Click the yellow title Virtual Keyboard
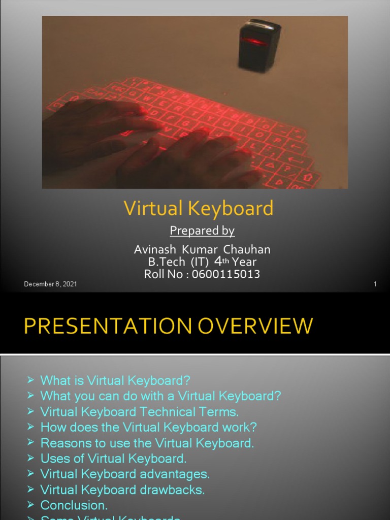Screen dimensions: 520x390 point(199,209)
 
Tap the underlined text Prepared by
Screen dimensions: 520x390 point(202,231)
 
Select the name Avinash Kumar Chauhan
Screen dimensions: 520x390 point(202,249)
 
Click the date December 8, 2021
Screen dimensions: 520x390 point(50,284)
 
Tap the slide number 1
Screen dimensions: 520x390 point(375,284)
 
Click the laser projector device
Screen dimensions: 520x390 point(259,45)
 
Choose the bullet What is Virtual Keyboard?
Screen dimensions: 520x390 point(115,380)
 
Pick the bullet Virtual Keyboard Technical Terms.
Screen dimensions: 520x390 point(139,412)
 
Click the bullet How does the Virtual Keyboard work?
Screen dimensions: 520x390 point(149,428)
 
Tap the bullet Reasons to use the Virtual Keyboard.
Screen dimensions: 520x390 point(147,443)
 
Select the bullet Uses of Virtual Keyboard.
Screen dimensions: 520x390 point(113,459)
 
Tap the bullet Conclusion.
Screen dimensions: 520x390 point(74,506)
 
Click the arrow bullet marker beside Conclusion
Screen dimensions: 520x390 point(30,505)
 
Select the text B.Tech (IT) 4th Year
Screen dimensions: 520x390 point(202,262)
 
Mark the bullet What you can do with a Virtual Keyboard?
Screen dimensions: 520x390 point(160,396)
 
